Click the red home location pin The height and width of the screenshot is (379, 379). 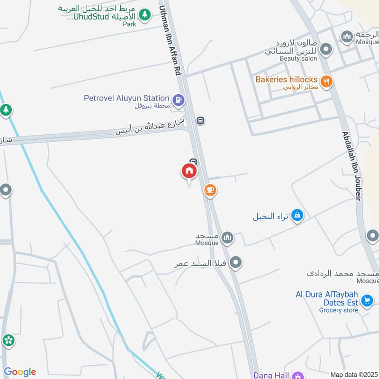(189, 171)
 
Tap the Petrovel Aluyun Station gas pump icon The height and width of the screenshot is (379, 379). (179, 100)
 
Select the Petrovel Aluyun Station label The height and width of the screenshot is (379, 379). (126, 98)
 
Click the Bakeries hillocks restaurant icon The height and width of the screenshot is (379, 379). (326, 81)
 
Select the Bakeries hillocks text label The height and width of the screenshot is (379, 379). (286, 80)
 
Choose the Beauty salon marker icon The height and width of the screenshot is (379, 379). (325, 49)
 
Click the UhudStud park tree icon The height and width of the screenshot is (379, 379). (145, 15)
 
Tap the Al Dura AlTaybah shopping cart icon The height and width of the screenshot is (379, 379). (367, 300)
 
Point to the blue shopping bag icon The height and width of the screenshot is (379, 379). (297, 216)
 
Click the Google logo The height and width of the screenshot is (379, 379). (19, 372)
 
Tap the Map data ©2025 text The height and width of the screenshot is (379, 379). (353, 375)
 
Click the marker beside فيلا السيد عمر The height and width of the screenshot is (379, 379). (235, 262)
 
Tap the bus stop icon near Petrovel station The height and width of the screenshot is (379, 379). (200, 121)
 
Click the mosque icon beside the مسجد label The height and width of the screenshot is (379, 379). (227, 237)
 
